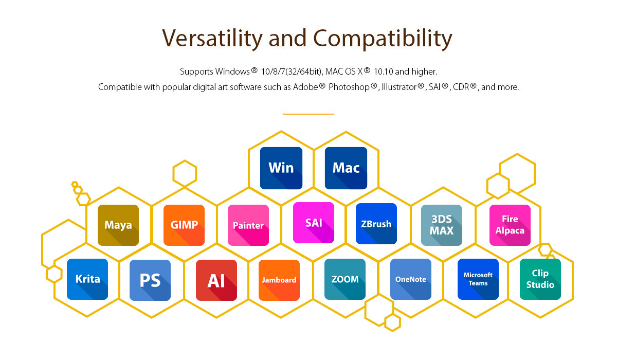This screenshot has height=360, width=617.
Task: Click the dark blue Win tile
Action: [x=281, y=168]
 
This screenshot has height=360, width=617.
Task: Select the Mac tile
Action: [x=346, y=168]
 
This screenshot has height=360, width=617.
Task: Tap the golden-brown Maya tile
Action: [x=118, y=225]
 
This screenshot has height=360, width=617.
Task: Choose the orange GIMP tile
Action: [x=184, y=225]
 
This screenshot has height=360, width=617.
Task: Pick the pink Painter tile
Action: [x=248, y=225]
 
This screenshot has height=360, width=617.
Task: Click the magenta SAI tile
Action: [x=314, y=223]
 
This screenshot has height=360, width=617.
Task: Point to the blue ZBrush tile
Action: [x=376, y=224]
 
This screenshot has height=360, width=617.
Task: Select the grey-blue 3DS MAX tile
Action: [x=442, y=225]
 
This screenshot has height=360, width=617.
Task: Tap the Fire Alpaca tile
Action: [x=510, y=225]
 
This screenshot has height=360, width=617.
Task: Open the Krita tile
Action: [x=87, y=279]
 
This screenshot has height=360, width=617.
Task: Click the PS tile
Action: [x=150, y=280]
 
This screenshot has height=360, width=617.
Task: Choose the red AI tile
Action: [x=216, y=280]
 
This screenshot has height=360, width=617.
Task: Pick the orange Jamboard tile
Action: [x=279, y=280]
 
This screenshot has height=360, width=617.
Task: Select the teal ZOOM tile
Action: [x=345, y=279]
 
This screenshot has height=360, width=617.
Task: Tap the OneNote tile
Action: [x=411, y=279]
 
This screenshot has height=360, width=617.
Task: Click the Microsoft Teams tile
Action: [x=478, y=279]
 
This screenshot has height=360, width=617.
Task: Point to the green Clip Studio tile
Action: [x=540, y=279]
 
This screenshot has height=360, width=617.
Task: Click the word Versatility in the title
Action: [x=212, y=39]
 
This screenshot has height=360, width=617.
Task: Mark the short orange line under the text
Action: [x=308, y=114]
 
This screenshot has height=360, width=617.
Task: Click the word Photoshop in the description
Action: [x=349, y=87]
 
